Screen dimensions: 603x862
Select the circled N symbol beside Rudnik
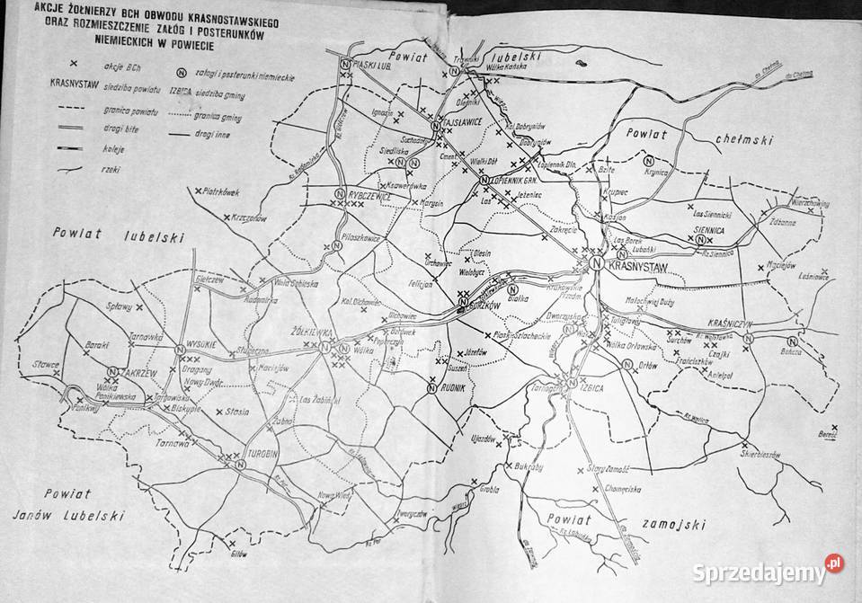[431, 388]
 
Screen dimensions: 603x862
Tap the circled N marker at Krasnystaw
[596, 263]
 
